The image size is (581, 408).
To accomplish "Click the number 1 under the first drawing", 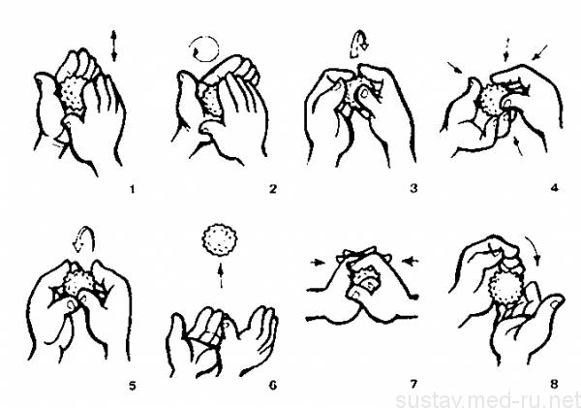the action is tap(133, 189).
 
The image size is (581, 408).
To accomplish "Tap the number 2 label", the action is tap(273, 189).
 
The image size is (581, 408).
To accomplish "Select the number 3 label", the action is tap(413, 189).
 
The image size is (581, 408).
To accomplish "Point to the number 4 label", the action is tap(554, 188).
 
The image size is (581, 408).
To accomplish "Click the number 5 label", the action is tap(133, 386).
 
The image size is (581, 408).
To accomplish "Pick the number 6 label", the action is tap(273, 386).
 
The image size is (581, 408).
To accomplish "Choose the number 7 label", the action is tap(413, 385).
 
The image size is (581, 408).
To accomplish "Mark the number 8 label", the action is tap(554, 385).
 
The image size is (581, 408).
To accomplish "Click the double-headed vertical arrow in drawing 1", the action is tap(113, 46).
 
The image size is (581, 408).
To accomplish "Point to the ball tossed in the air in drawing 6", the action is tap(220, 240).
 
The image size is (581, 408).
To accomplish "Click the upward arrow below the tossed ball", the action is tap(221, 275).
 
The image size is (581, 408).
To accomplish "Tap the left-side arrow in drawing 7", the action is tap(318, 263).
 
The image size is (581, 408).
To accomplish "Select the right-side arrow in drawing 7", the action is tap(411, 262).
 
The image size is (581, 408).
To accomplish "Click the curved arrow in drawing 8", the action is tap(535, 248).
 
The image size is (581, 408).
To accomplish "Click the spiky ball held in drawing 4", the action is tap(493, 100).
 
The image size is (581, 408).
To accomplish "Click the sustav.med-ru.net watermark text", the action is tap(488, 400).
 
